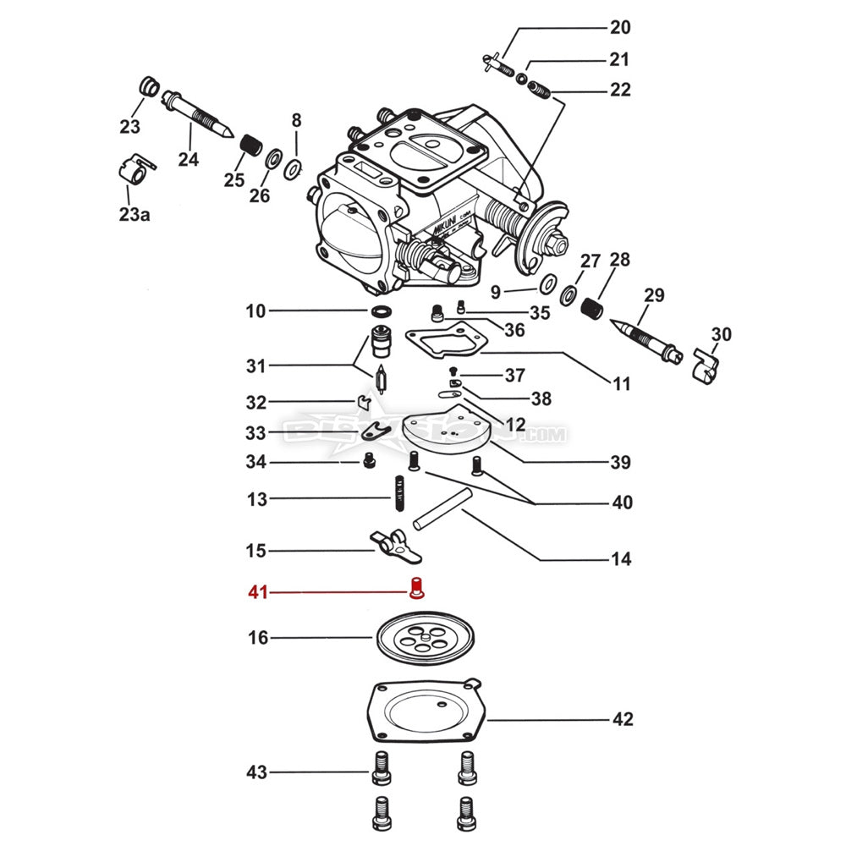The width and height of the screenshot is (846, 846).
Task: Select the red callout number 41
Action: coord(258,592)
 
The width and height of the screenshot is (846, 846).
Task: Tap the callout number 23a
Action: coord(135,215)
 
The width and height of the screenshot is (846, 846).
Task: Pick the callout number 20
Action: coord(620,28)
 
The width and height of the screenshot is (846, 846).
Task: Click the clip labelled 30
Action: coord(705,365)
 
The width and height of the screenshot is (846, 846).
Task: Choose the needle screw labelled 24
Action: coord(198,116)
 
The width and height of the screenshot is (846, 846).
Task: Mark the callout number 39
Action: coord(620,462)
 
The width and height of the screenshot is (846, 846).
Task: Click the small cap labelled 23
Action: coord(147,87)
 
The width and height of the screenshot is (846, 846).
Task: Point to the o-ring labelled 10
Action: coord(382,311)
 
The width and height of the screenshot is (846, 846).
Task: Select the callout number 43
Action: coord(256,772)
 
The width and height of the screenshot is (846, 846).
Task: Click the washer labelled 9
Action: coord(547,282)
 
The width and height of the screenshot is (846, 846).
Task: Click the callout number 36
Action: coord(514,330)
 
